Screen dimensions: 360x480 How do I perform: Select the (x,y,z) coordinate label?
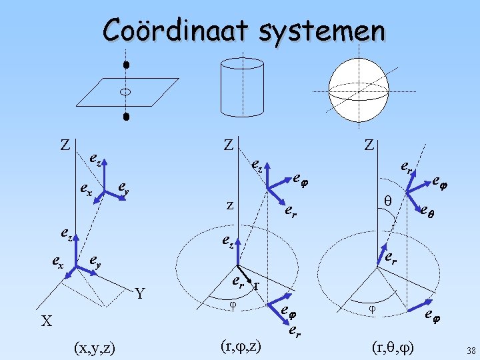pos(94,347)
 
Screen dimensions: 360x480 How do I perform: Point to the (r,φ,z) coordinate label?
pos(240,346)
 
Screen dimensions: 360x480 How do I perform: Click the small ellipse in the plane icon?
pos(125,91)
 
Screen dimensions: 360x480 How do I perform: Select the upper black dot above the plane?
pos(125,66)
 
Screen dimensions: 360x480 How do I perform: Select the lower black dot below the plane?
pos(125,117)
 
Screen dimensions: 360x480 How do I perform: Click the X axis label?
pos(46,321)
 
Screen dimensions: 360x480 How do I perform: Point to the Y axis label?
pos(139,293)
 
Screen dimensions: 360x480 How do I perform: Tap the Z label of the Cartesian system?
pos(65,145)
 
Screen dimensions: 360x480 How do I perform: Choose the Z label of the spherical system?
pos(369,145)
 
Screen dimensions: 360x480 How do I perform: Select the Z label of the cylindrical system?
pos(228,145)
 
